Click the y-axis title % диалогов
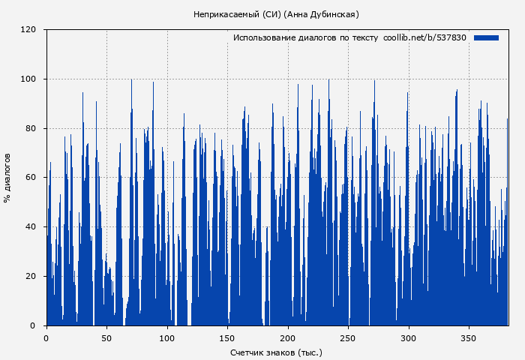tap(7, 178)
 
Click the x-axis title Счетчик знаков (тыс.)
tap(276, 352)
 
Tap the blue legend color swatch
tap(486, 37)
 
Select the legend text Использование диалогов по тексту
tap(305, 37)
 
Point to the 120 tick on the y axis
tap(28, 30)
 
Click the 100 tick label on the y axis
tap(28, 79)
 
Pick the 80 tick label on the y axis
tap(31, 128)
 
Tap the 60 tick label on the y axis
tap(31, 178)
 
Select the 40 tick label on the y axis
tap(31, 226)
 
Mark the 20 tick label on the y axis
tap(31, 276)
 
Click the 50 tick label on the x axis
tap(106, 337)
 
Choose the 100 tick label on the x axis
tap(167, 337)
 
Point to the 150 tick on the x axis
tap(228, 337)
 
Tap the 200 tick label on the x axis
tap(288, 337)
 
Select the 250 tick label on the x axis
tap(349, 337)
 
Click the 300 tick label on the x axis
tap(409, 337)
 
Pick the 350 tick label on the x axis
tap(469, 337)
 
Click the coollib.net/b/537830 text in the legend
tap(424, 37)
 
